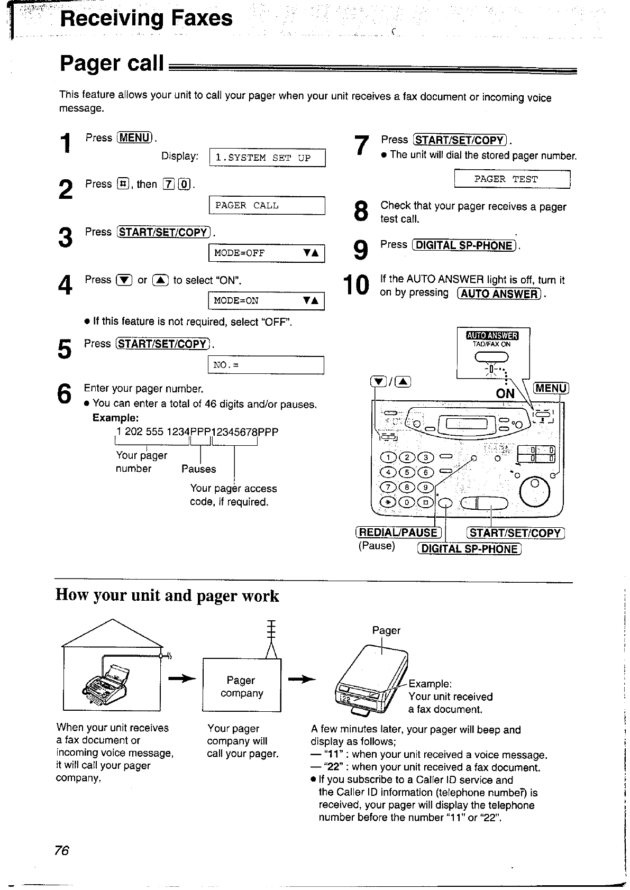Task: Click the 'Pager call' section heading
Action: [112, 63]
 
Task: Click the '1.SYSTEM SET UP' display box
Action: [267, 158]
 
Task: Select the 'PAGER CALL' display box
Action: [267, 205]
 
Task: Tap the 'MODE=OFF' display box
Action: [267, 253]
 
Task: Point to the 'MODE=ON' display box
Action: [267, 301]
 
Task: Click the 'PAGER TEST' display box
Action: [512, 179]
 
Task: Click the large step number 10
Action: [355, 286]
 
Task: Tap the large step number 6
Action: [64, 394]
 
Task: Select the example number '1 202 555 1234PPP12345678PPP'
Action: [197, 432]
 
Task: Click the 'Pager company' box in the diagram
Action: [242, 686]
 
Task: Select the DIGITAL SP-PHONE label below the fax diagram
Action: [470, 549]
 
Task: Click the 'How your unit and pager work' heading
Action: [167, 595]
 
